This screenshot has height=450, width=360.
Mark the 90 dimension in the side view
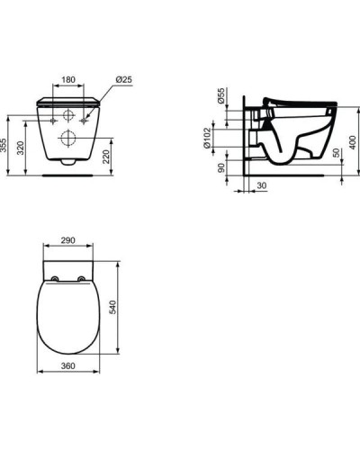click(x=221, y=166)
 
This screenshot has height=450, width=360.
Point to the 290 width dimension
click(x=68, y=242)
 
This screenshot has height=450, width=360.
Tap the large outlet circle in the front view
click(x=68, y=138)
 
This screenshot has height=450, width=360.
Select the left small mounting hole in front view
click(x=54, y=118)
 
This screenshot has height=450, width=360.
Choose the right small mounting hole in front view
click(x=83, y=118)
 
